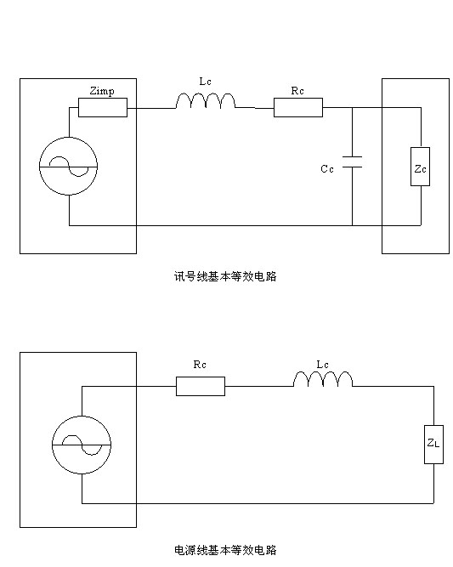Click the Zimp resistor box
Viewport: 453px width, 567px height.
[103, 107]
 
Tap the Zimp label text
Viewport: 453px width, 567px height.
[102, 91]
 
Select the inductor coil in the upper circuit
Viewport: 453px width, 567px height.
[206, 101]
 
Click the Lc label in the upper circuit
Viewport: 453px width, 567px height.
[205, 82]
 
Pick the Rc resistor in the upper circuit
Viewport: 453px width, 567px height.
[298, 107]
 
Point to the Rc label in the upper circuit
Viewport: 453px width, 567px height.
[297, 91]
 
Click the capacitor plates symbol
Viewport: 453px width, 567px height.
[352, 162]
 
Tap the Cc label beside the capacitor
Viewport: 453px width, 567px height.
[327, 169]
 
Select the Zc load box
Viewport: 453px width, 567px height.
[420, 167]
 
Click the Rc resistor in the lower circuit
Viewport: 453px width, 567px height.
[201, 386]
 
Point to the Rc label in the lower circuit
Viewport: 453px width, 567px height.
[200, 365]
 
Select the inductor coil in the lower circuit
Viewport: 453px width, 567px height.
[323, 379]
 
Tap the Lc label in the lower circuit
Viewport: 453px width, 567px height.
[322, 365]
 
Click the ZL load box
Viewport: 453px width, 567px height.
[433, 445]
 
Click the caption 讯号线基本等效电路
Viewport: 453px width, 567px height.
[225, 276]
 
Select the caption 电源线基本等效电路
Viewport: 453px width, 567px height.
[225, 550]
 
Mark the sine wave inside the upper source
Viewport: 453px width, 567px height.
[69, 167]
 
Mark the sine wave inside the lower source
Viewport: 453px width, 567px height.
[82, 445]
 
